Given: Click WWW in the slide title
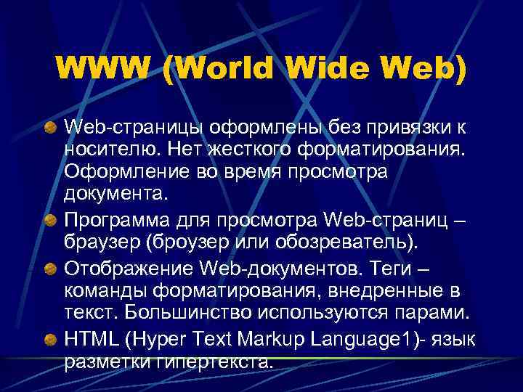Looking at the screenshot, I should (x=102, y=70).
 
